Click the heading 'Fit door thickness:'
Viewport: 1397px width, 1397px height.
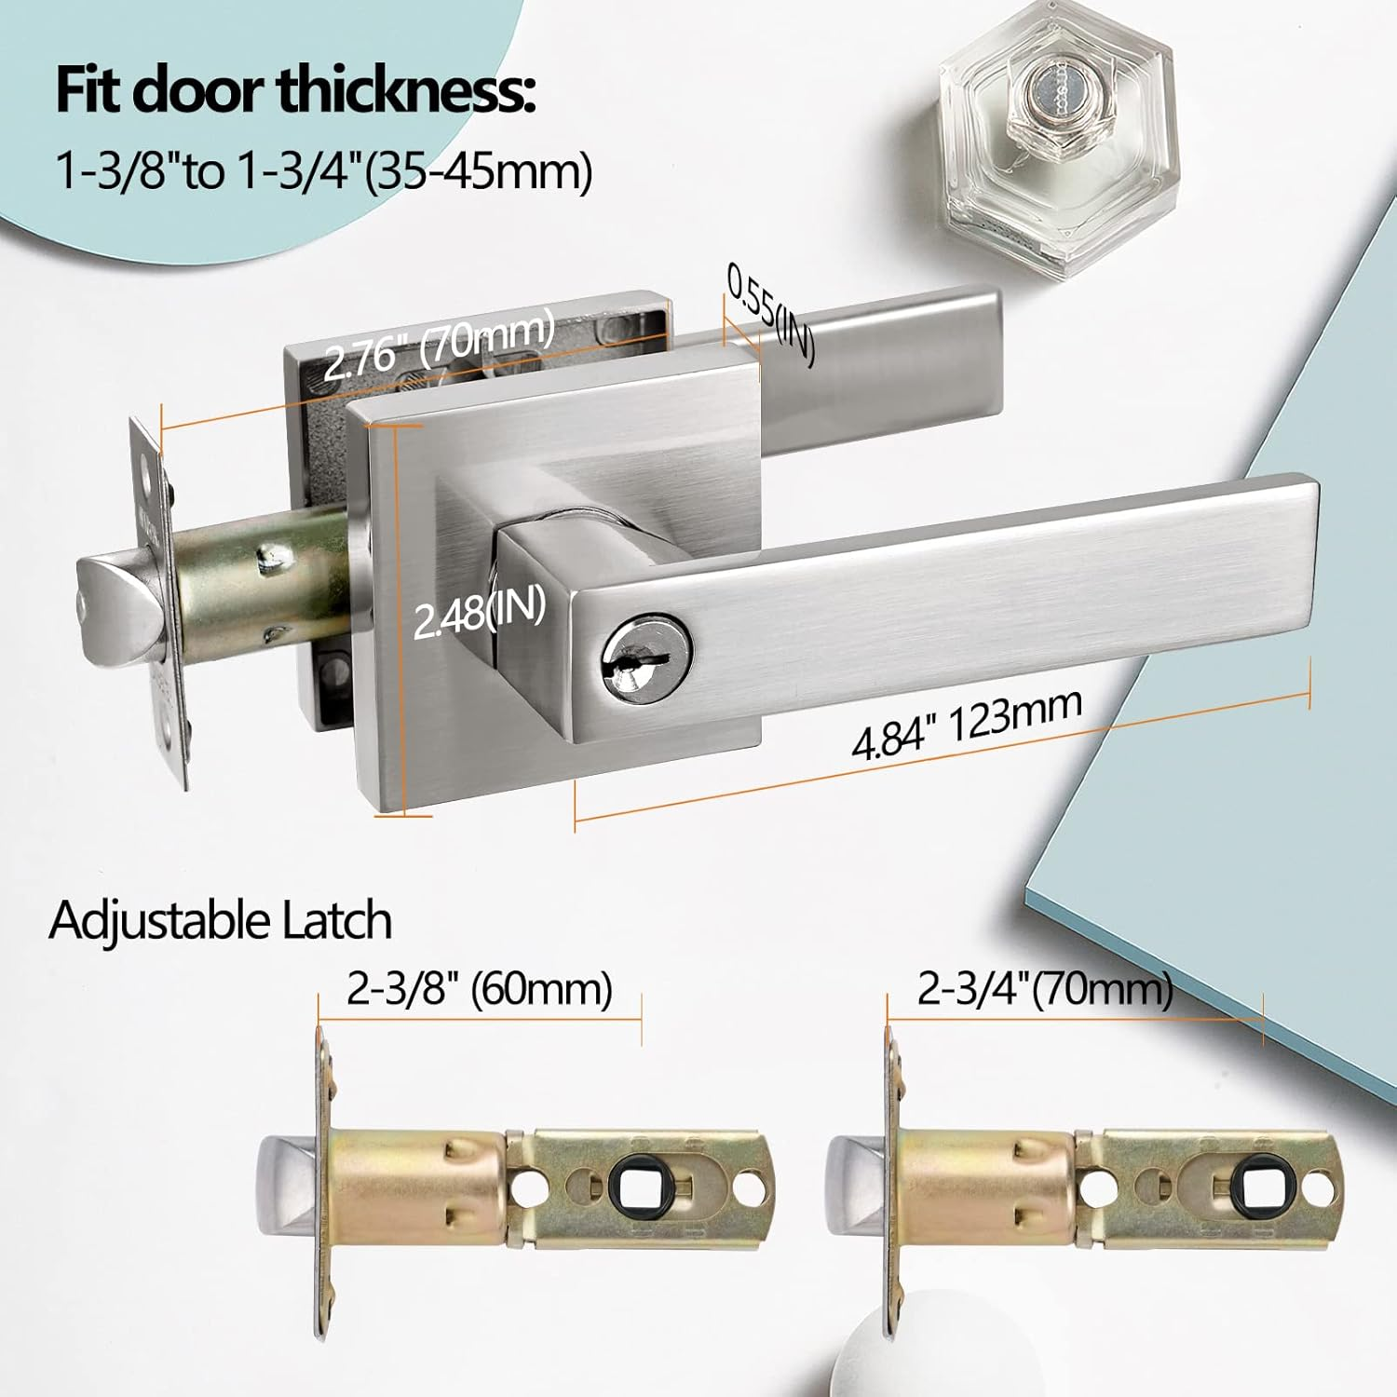[x=295, y=91]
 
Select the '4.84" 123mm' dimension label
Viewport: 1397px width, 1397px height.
[x=968, y=724]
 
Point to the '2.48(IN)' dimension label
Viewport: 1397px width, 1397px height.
[x=479, y=614]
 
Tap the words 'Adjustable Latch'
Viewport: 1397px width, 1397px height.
[x=220, y=920]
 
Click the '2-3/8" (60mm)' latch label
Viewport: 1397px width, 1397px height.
[x=479, y=988]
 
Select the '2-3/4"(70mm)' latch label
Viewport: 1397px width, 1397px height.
[x=1045, y=988]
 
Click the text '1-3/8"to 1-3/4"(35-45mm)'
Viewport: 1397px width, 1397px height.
[x=324, y=171]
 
